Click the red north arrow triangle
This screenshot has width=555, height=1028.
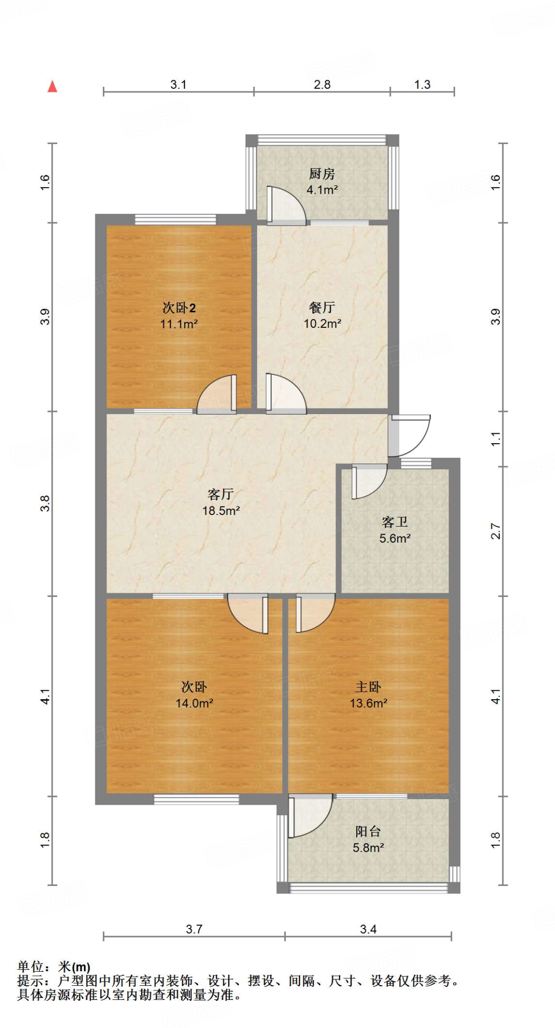pos(52,87)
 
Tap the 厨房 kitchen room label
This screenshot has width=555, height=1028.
pos(321,174)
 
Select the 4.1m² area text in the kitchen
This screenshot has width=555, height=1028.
pos(322,190)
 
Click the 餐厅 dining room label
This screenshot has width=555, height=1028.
pos(322,307)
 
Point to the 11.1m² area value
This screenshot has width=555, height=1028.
pos(179,324)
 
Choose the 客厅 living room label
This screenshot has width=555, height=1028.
pos(220,494)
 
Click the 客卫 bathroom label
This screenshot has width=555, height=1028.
pos(395,523)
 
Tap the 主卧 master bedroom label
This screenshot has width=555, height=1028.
pos(368,687)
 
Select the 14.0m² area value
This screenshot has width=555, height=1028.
pos(194,703)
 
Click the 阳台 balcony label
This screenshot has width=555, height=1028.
pos(368,832)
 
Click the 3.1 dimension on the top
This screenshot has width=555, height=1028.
pos(178,84)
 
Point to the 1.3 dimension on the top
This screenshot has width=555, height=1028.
pos(422,84)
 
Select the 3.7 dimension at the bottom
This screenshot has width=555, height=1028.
pos(194,929)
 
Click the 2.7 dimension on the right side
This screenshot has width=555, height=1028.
pos(496,531)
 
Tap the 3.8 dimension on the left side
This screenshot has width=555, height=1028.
pos(45,503)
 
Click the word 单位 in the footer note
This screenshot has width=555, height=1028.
pos(31,967)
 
